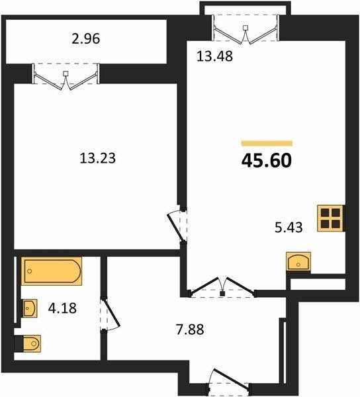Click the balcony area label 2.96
click(86, 39)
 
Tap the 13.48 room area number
click(214, 56)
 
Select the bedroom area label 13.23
click(98, 158)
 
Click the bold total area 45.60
click(267, 161)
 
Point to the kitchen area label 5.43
click(289, 227)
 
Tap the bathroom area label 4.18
click(62, 308)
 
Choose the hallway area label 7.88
click(190, 330)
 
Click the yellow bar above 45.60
click(267, 144)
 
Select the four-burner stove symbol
click(331, 218)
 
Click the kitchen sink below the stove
click(298, 261)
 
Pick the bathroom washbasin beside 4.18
click(30, 308)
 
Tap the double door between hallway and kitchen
click(222, 287)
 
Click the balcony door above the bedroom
click(66, 77)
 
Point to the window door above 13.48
click(245, 30)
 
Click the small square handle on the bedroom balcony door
click(66, 73)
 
